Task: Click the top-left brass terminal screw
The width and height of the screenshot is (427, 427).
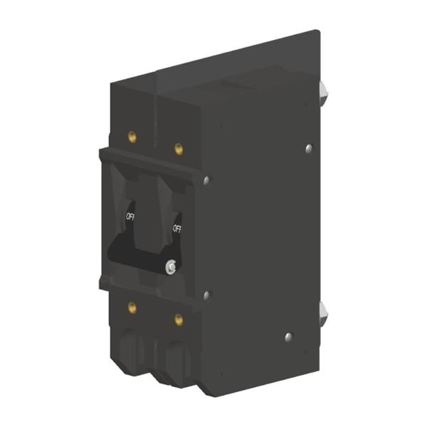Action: point(132,137)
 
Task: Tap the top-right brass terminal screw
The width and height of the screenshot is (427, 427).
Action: point(179,149)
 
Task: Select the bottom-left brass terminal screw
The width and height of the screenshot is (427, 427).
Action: point(132,307)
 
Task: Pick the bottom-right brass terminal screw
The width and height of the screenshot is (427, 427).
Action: point(179,320)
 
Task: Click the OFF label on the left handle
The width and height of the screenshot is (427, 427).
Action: point(130,217)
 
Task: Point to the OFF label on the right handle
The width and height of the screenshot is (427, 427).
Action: point(176,229)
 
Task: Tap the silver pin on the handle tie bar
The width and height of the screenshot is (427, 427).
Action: point(171,266)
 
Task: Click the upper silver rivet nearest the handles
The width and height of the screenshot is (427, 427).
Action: point(206,180)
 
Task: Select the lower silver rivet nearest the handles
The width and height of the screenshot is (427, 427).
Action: point(206,295)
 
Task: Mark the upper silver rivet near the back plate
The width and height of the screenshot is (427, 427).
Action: point(309,149)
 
